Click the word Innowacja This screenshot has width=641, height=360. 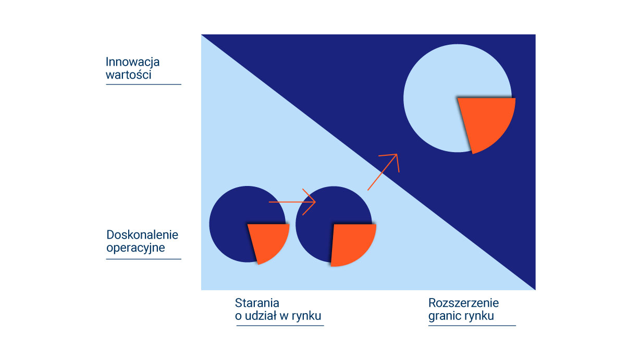click(x=132, y=62)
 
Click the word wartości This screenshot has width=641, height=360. click(x=128, y=75)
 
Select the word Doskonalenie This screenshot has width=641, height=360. click(x=142, y=235)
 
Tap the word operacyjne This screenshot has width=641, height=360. click(x=135, y=248)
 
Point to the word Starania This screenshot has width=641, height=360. click(x=257, y=303)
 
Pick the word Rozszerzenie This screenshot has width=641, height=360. click(x=463, y=303)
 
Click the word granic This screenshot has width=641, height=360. click(x=445, y=316)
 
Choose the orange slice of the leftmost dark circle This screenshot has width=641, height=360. click(x=267, y=241)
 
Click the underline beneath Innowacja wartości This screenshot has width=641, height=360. click(x=143, y=84)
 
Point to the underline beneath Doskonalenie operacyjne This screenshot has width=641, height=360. click(x=143, y=259)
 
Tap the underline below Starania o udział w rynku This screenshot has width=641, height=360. click(x=280, y=326)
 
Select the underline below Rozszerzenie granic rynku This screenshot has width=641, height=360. click(x=472, y=326)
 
